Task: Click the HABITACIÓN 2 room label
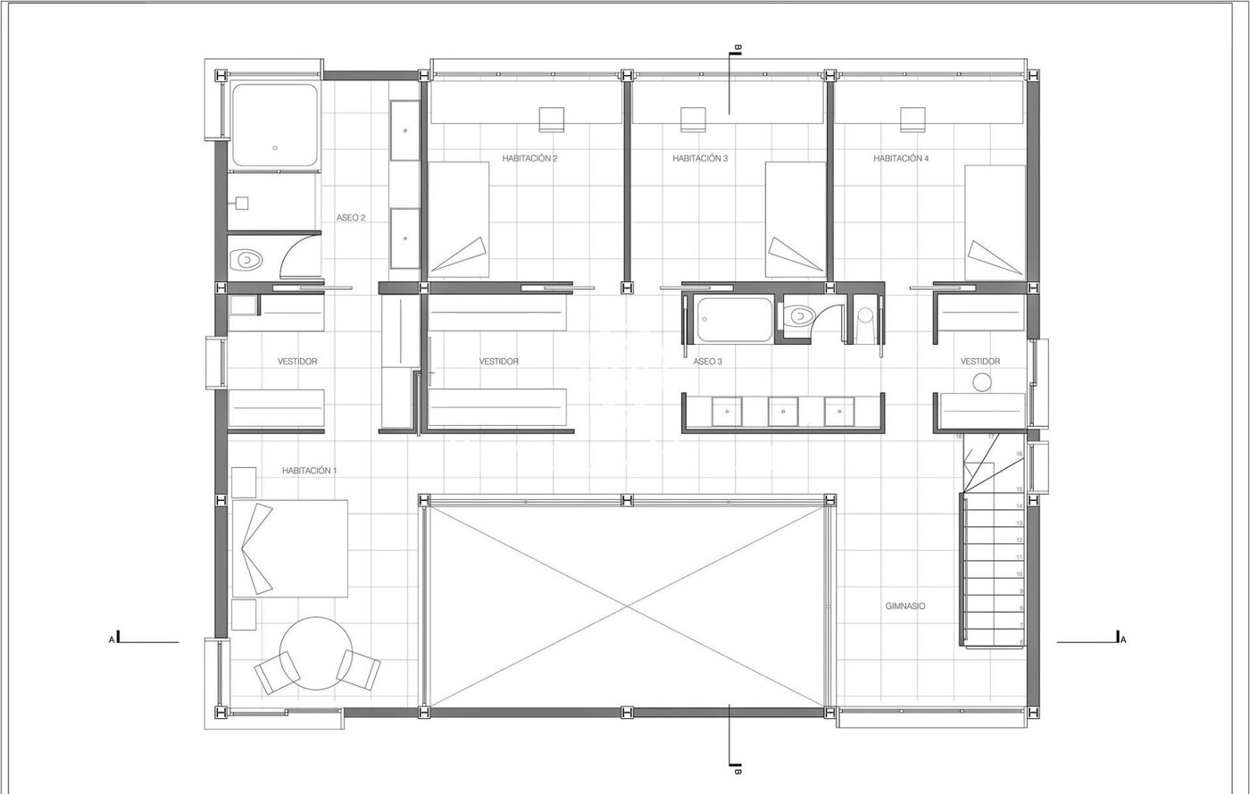(x=529, y=159)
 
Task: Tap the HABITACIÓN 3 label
(x=700, y=159)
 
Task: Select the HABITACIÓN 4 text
(x=901, y=159)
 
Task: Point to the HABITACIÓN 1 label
(x=309, y=471)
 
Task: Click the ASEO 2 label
(x=350, y=218)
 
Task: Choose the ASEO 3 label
(x=707, y=362)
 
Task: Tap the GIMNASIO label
(x=905, y=606)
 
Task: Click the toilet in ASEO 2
(x=246, y=260)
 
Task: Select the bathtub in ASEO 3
(x=734, y=320)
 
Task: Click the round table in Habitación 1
(x=316, y=653)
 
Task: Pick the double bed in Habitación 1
(x=289, y=548)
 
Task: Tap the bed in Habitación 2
(x=458, y=220)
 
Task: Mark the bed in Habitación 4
(x=995, y=222)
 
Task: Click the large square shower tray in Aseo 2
(x=275, y=125)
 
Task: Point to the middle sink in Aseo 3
(x=783, y=412)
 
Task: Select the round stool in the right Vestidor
(x=982, y=382)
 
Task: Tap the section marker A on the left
(x=114, y=638)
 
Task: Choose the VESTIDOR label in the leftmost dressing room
(x=297, y=362)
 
